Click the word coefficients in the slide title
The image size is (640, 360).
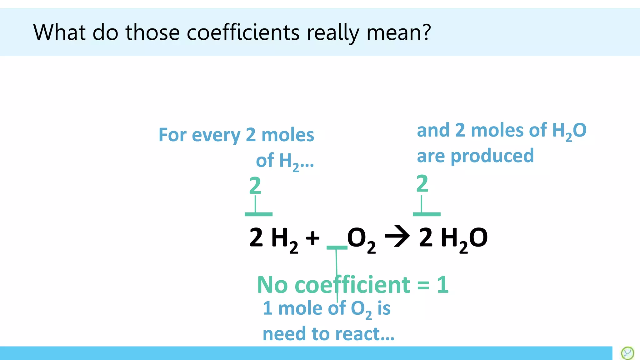(243, 32)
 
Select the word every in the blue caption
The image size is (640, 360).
(216, 135)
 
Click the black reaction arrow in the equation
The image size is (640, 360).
(397, 236)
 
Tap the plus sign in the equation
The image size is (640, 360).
(312, 238)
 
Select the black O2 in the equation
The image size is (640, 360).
(361, 239)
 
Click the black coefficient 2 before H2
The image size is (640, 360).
(256, 237)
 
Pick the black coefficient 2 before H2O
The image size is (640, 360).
(426, 237)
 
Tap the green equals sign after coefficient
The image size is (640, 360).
(423, 285)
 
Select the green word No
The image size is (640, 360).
(272, 285)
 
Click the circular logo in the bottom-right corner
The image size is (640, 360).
(627, 353)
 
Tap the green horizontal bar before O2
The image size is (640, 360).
(337, 247)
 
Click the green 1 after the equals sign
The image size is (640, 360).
(442, 285)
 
